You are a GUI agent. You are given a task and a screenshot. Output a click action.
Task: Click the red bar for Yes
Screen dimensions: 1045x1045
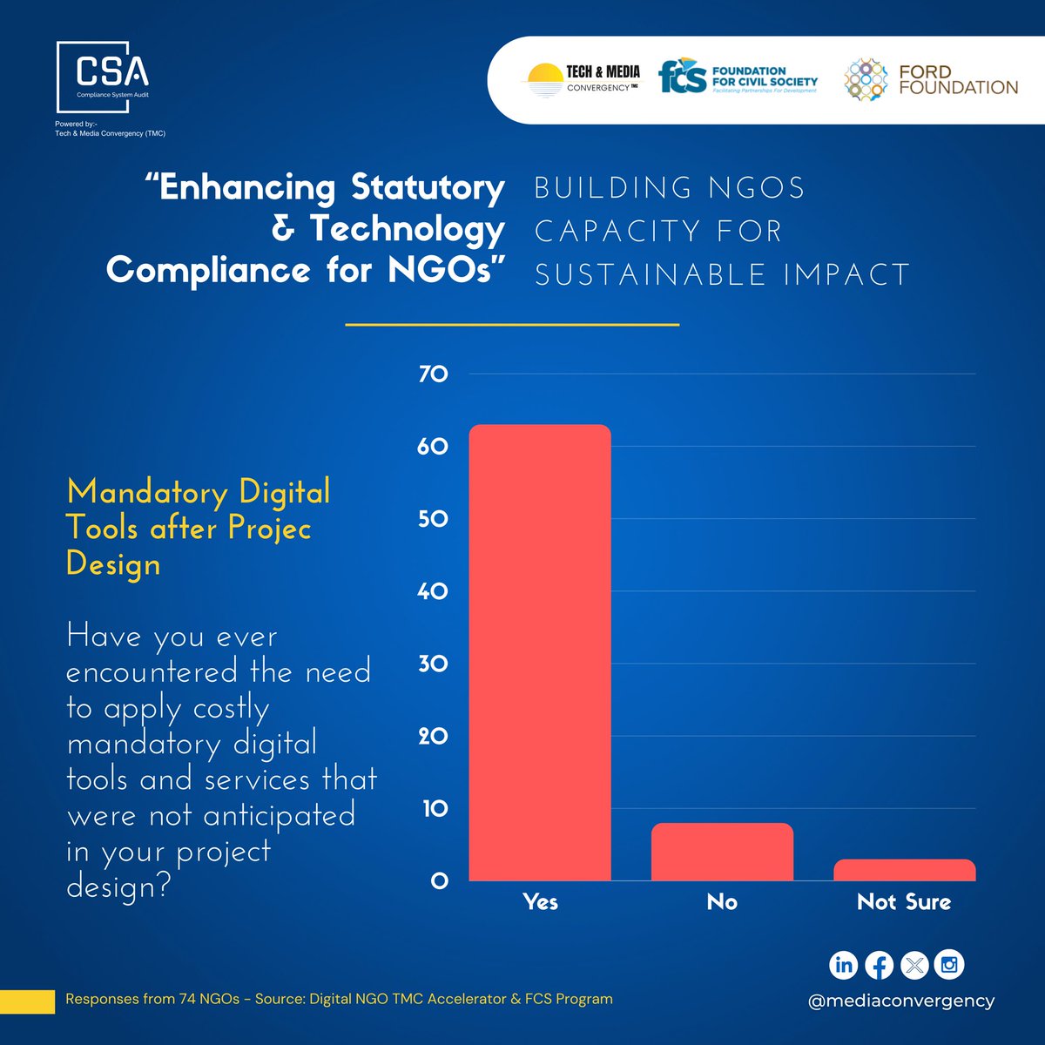(x=540, y=653)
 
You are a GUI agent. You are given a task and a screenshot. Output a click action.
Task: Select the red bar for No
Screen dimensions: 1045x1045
(x=722, y=853)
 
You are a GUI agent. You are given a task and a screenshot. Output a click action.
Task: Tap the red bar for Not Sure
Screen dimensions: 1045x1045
(x=904, y=870)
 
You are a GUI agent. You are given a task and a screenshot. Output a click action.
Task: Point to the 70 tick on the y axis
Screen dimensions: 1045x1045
(x=433, y=374)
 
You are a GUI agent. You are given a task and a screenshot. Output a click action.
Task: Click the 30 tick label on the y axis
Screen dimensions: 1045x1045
(x=433, y=664)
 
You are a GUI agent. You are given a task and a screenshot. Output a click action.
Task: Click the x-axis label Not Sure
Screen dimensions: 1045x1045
(x=904, y=902)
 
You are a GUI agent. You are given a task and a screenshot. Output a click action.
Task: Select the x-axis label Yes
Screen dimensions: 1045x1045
(x=540, y=902)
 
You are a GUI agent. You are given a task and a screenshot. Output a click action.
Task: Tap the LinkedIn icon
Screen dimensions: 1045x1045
(x=843, y=965)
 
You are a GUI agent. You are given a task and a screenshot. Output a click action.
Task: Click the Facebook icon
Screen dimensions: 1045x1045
(x=879, y=965)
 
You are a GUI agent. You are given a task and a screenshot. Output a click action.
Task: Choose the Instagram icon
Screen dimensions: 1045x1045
(x=949, y=965)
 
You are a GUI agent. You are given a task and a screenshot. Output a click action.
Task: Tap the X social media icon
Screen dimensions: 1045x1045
(x=914, y=965)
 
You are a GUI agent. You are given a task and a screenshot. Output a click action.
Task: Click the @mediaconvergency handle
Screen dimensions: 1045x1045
(x=900, y=1001)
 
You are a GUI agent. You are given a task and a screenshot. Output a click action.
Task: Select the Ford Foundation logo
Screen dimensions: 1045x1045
(x=930, y=79)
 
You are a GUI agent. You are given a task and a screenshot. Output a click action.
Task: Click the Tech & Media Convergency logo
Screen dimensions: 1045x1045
(x=582, y=79)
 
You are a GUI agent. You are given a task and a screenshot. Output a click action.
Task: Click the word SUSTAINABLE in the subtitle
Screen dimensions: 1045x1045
(x=651, y=274)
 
